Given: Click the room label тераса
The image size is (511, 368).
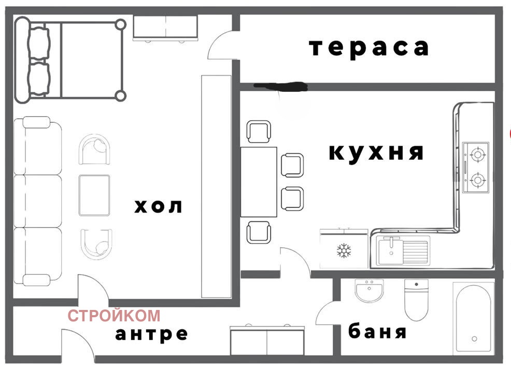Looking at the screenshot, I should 369,47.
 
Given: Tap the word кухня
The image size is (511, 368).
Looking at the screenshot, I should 377,152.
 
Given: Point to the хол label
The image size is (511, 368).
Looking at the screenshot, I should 159,206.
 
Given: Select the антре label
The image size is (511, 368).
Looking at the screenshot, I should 151,333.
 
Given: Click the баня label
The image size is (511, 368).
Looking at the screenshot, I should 377,331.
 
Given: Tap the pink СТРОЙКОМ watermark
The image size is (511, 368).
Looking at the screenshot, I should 114,315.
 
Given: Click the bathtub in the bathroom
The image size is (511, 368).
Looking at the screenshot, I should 474,317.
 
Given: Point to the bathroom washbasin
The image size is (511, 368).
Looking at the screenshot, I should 369,291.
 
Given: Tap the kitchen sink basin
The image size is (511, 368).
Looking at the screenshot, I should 390,250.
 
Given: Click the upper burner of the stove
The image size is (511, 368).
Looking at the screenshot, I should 476,153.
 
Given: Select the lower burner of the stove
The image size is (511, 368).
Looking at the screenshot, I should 476,180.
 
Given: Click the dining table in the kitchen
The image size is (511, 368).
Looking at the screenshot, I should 259,181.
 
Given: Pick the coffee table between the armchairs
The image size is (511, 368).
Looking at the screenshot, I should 94,195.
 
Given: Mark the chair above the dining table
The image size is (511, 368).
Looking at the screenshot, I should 259,131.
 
